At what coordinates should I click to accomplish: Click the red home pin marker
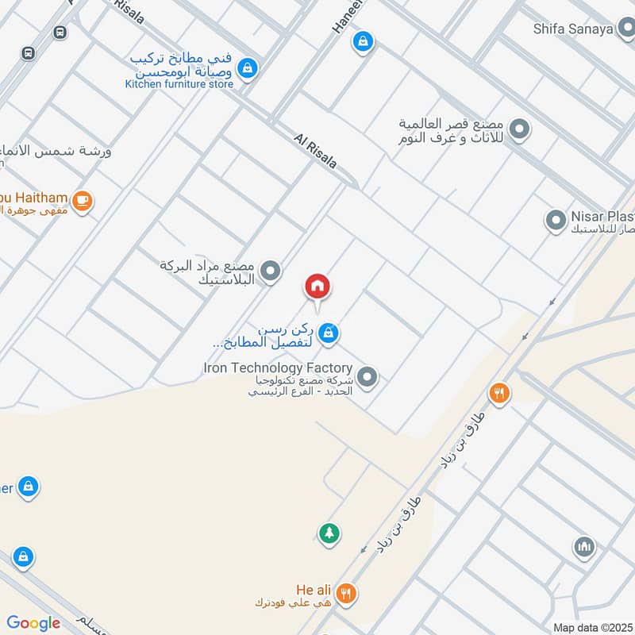coord(318,287)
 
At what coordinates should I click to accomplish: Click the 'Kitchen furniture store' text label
coord(179,84)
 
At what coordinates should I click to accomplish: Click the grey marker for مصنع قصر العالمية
coord(520,129)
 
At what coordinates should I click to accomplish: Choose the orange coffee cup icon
coord(82,201)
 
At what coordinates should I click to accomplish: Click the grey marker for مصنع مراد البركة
coord(271,272)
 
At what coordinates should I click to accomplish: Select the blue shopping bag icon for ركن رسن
coord(329,335)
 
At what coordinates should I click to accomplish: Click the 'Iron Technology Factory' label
coord(277,368)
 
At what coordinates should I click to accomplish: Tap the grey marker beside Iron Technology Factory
coord(367,378)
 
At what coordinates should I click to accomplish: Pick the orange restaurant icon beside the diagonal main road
coord(498,392)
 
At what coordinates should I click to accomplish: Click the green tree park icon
coord(329,533)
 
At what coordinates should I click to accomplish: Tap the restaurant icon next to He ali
coord(346,592)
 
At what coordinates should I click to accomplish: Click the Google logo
coord(33,623)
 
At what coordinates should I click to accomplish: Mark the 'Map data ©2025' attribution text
coord(591,627)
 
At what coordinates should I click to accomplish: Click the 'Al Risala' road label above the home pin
coord(315,151)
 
